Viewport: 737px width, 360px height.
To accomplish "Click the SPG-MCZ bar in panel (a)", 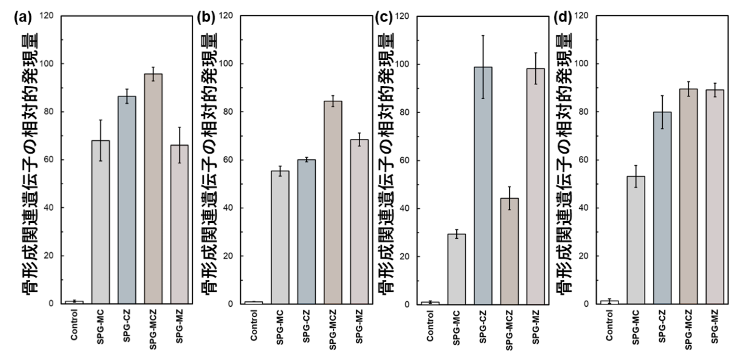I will [x=153, y=189].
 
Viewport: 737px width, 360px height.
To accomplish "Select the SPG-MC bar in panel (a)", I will [x=101, y=222].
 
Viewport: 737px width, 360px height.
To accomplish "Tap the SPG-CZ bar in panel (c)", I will [x=483, y=185].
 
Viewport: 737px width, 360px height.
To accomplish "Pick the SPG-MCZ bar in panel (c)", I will [x=509, y=251].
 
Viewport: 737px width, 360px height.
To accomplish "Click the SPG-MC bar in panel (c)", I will [x=456, y=269].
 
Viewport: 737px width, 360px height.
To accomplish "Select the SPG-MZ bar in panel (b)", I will [x=359, y=222].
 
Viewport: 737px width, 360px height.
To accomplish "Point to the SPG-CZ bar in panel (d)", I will [x=662, y=208].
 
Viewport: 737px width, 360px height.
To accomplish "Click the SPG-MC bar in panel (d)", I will [x=636, y=240].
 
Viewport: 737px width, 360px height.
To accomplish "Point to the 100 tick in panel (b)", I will [x=225, y=64].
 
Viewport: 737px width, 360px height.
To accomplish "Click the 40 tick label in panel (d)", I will [x=583, y=208].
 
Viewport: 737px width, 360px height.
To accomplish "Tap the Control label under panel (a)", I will [x=74, y=325].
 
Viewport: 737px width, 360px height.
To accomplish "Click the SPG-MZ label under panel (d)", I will [x=714, y=326].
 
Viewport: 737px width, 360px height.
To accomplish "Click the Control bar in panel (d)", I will [x=609, y=302].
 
